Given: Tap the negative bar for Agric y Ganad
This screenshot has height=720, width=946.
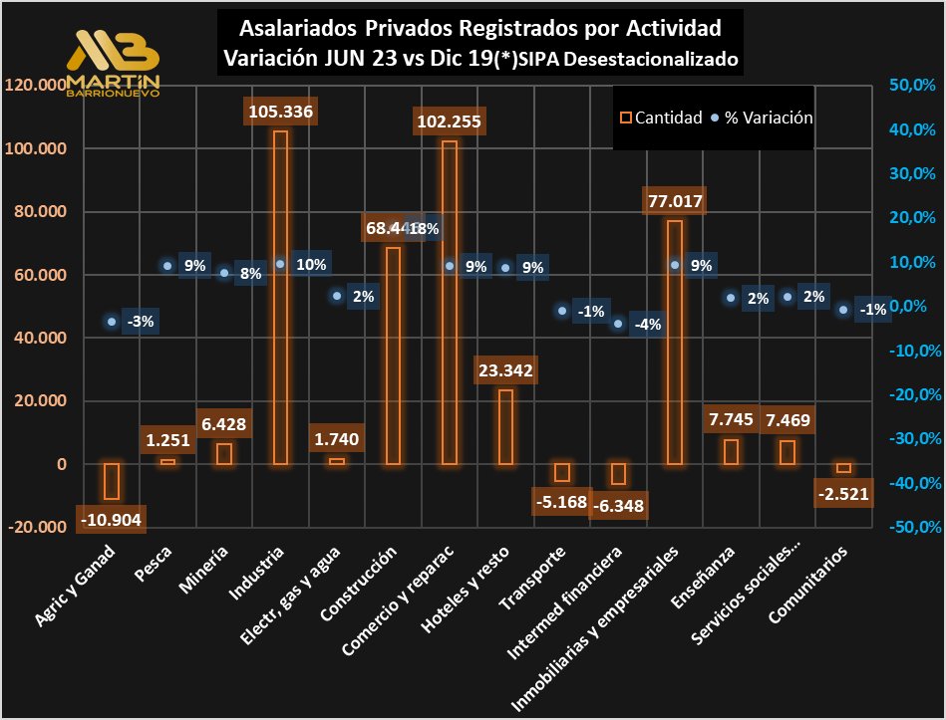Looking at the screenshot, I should (x=112, y=481).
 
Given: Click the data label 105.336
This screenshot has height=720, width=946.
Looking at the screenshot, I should (x=281, y=112).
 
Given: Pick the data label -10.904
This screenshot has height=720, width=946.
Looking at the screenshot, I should (x=112, y=519).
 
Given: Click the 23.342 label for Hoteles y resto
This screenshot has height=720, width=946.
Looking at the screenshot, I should (x=506, y=370).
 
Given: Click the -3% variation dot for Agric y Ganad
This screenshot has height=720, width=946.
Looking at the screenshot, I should (x=112, y=321).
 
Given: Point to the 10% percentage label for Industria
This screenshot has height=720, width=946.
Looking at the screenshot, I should (x=310, y=265).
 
